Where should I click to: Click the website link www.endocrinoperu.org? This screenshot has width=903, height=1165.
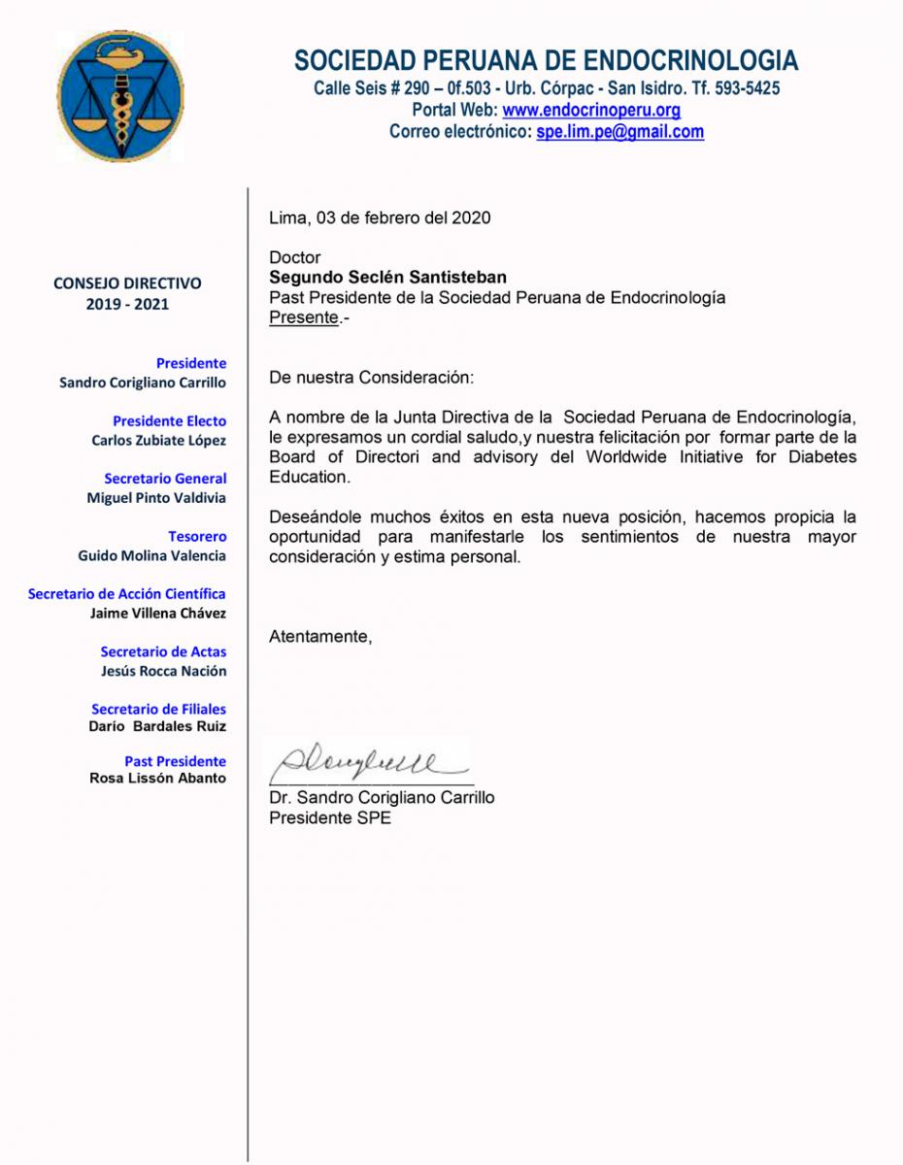click(x=590, y=111)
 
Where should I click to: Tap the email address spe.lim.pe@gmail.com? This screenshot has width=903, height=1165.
click(x=619, y=132)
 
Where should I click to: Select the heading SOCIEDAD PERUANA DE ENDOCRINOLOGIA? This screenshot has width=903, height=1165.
click(x=546, y=61)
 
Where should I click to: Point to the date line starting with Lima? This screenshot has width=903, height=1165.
click(x=380, y=217)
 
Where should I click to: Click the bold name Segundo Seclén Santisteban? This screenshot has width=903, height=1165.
click(x=387, y=278)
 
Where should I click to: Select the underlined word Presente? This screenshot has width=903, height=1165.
click(x=304, y=317)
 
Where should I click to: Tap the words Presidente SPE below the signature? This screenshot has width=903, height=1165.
click(x=330, y=817)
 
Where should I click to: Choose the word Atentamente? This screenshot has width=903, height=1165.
click(x=319, y=637)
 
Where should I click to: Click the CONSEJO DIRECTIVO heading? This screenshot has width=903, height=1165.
click(x=127, y=283)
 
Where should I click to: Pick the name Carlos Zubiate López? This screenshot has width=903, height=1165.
click(x=158, y=441)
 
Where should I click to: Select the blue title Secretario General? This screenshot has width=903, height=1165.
click(x=165, y=479)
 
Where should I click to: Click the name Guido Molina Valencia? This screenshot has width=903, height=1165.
click(x=151, y=556)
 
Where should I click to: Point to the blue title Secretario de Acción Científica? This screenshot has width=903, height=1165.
click(x=127, y=594)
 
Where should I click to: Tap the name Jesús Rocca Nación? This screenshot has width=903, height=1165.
click(x=163, y=671)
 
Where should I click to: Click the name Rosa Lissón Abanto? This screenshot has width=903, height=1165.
click(x=157, y=778)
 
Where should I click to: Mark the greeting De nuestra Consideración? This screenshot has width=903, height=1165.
click(x=372, y=377)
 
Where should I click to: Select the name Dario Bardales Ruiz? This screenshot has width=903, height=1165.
click(x=157, y=726)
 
